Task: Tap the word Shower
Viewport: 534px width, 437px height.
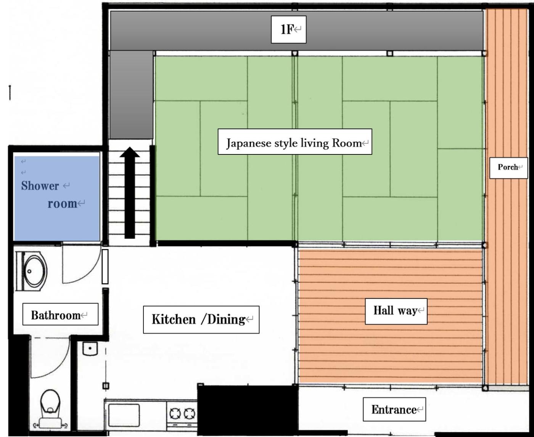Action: [x=40, y=186]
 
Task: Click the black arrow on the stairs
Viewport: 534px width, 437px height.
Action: [x=130, y=193]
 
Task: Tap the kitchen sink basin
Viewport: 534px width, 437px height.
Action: [x=124, y=415]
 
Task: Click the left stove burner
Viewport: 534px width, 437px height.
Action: [x=175, y=414]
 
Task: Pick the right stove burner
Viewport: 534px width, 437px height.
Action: [x=189, y=414]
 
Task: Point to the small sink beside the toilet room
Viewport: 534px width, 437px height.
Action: [x=90, y=349]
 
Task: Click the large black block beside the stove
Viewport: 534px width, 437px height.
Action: [x=248, y=410]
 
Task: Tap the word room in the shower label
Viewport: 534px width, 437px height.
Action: [x=62, y=204]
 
